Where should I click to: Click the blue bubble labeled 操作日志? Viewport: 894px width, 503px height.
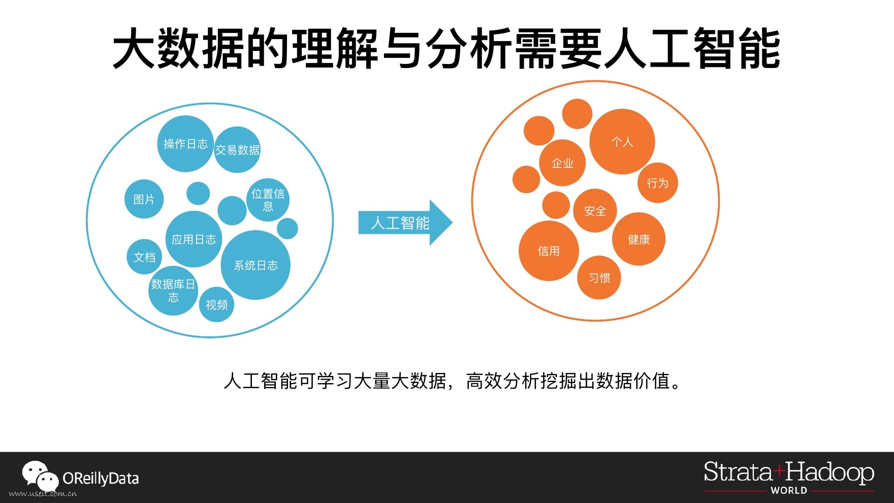(185, 144)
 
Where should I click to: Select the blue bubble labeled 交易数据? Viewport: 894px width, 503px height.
(237, 150)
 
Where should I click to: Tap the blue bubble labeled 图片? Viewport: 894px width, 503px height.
(144, 199)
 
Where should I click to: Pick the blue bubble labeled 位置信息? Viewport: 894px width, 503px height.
(268, 200)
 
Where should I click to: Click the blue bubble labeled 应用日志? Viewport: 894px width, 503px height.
(194, 239)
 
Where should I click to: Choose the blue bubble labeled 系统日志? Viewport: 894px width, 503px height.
(256, 265)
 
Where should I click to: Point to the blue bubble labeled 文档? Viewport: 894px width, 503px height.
(144, 257)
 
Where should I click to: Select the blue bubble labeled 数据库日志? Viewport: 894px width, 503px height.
(173, 291)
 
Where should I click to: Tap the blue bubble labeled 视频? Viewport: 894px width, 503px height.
(217, 305)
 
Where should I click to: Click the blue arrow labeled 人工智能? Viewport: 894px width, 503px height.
(401, 223)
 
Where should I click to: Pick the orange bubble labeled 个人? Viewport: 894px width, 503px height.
(622, 142)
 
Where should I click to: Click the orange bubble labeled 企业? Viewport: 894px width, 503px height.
(562, 163)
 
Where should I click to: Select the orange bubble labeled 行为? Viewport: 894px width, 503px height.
(658, 183)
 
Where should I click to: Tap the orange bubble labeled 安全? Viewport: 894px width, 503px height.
(595, 211)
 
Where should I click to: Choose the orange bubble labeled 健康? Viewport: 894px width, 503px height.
(638, 239)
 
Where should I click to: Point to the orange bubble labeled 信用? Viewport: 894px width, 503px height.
(549, 251)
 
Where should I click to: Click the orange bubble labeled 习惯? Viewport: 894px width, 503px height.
(599, 278)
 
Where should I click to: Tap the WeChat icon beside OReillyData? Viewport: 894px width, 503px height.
(40, 476)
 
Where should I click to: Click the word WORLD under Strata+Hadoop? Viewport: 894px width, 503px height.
(789, 490)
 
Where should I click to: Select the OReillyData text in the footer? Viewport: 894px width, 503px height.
(101, 479)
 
